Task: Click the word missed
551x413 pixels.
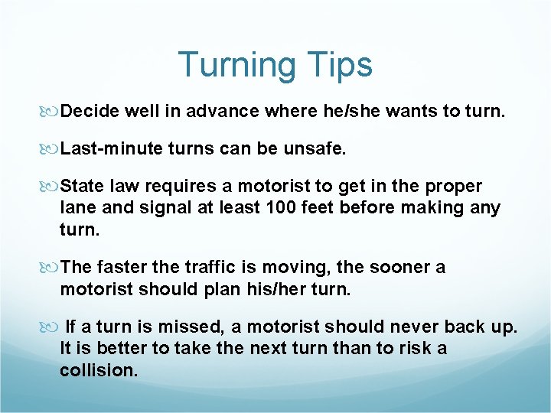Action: pyautogui.click(x=187, y=327)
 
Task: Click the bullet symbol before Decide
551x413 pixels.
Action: pyautogui.click(x=51, y=112)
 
